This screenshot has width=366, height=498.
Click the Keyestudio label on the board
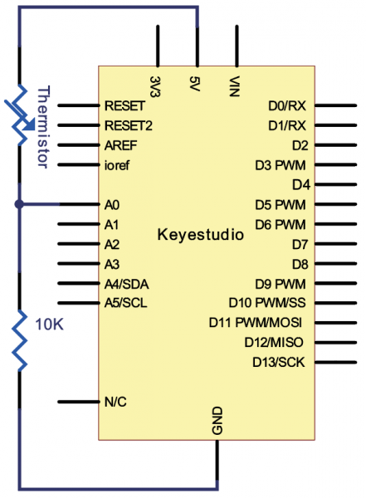(x=201, y=235)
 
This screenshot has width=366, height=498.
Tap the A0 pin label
(x=113, y=204)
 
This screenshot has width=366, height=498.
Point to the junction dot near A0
(x=18, y=204)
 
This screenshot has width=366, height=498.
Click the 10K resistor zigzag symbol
(x=18, y=336)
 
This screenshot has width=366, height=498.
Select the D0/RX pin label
(x=288, y=106)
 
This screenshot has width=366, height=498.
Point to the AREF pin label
(x=120, y=144)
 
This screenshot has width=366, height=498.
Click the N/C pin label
(x=116, y=402)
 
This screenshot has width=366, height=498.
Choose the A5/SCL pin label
(x=125, y=303)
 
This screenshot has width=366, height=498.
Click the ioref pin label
(x=117, y=164)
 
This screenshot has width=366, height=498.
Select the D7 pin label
(x=300, y=244)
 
